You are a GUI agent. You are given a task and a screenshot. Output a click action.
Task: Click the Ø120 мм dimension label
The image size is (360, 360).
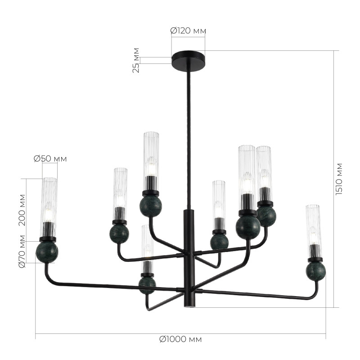click(188, 31)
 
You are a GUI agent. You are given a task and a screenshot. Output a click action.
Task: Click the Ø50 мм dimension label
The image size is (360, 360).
click(50, 158)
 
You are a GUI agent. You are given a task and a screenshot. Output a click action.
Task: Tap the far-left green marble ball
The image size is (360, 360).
click(47, 252)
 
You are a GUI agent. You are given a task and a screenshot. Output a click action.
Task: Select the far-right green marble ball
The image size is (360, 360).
click(315, 271)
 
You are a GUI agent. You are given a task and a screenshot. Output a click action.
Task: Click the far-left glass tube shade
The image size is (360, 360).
click(49, 200)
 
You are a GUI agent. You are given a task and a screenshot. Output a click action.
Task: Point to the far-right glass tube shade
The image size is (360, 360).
click(313, 229)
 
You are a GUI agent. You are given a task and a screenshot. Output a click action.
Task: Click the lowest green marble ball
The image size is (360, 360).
click(147, 285)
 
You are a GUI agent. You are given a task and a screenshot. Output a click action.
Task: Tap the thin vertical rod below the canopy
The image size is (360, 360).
click(188, 135)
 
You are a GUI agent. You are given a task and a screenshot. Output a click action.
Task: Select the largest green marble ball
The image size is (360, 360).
click(248, 227)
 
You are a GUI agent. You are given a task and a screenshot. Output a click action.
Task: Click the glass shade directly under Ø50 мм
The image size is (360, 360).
click(49, 200)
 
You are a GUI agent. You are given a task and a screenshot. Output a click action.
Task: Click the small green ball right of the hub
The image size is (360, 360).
click(219, 241)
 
